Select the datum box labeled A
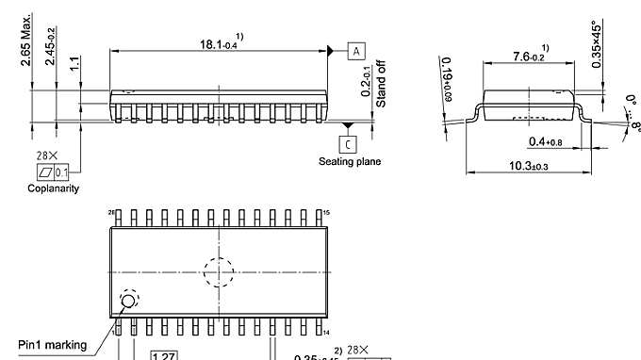click(357, 52)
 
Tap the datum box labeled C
click(349, 144)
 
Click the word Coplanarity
click(53, 188)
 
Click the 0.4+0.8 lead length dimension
click(547, 142)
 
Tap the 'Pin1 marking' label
click(51, 345)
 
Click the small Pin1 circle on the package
click(126, 302)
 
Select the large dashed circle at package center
click(219, 272)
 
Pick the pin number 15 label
click(327, 214)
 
